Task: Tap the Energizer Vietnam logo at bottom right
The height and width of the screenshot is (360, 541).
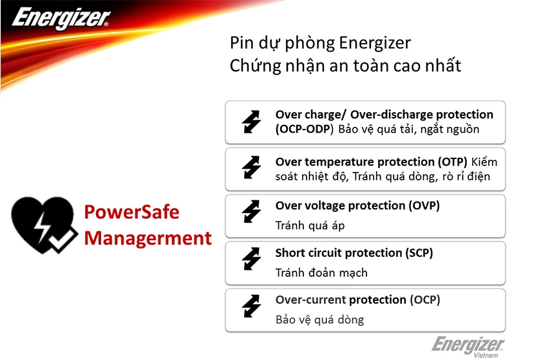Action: (x=468, y=346)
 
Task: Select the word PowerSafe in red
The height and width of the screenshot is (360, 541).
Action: (x=132, y=212)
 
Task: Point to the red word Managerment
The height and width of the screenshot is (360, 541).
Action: (x=148, y=238)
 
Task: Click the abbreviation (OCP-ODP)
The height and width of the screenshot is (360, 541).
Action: (x=305, y=129)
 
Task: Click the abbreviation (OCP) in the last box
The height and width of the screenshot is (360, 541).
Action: (x=424, y=299)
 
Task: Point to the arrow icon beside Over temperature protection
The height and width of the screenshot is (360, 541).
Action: (x=251, y=168)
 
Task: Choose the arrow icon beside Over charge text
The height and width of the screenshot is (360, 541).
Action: (x=251, y=121)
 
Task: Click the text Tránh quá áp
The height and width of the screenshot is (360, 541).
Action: (x=305, y=225)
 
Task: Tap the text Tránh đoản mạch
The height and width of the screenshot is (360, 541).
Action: (x=321, y=272)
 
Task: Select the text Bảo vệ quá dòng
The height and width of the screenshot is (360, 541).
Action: (x=319, y=319)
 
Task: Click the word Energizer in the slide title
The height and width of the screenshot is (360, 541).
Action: (x=374, y=43)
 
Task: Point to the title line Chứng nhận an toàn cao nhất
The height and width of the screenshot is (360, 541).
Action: (x=345, y=66)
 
